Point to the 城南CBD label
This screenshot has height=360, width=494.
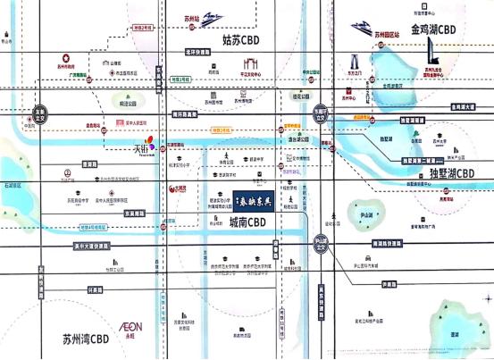(249, 222)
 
